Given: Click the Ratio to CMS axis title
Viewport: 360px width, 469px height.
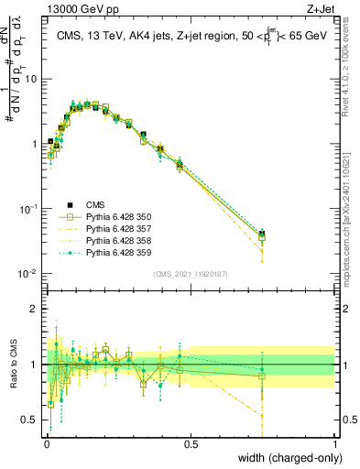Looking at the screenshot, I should pos(12,365).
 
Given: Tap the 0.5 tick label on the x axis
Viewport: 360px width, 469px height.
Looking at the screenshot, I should pos(191,443).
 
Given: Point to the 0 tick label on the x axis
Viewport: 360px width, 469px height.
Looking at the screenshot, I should pos(47,443).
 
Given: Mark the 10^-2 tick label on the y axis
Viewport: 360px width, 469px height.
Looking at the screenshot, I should pos(27,274).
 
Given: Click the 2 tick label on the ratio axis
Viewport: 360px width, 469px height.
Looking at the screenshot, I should pos(35,309).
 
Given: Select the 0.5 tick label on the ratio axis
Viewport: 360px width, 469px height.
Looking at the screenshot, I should pos(30,420).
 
